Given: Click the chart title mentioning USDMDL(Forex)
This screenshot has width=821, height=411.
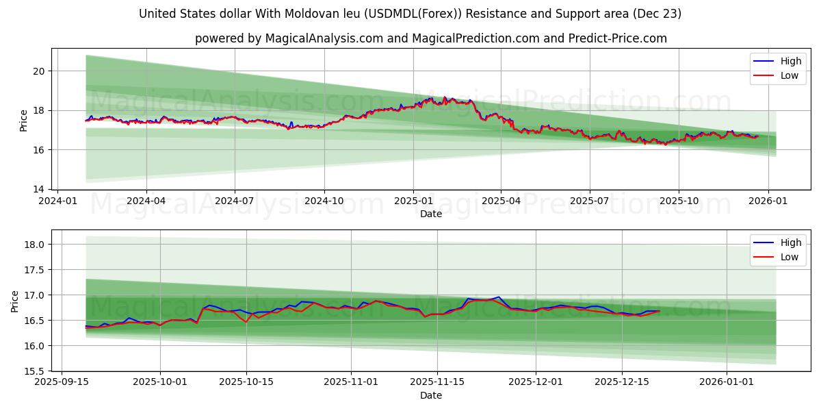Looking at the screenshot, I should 410,14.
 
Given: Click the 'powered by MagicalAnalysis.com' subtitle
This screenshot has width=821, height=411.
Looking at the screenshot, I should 430,38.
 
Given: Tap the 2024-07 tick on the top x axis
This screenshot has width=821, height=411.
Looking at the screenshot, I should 235,201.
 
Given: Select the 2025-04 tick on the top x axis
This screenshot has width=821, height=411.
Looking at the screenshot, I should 501,201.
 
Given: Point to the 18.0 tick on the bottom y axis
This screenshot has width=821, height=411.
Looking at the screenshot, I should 34,245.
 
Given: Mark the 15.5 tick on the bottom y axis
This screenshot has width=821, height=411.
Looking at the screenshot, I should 34,371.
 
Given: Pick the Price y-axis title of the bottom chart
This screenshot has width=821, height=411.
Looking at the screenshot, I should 15,301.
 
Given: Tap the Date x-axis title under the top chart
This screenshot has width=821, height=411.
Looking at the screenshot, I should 430,214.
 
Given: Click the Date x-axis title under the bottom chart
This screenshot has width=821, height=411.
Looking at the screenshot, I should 430,395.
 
